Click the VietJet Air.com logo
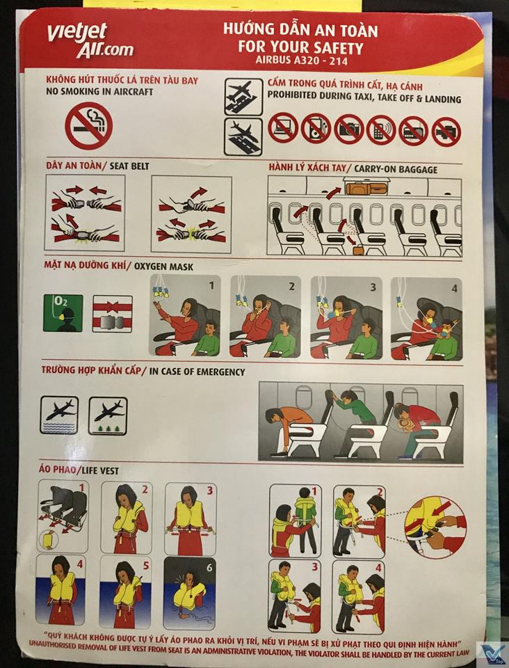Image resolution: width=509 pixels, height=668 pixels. click(x=90, y=40)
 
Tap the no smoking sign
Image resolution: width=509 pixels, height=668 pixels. click(x=88, y=125)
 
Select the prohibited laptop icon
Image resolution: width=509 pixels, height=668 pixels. click(x=283, y=127)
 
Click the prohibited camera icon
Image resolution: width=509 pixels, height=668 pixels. click(x=349, y=129)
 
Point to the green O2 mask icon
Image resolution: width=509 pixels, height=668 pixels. click(x=63, y=313)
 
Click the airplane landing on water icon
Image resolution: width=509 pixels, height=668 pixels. click(x=60, y=415)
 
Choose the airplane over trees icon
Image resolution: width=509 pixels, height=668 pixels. click(x=108, y=416)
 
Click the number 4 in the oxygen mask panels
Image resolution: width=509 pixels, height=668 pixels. click(x=454, y=288)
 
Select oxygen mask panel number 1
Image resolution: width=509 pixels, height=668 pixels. click(x=185, y=316)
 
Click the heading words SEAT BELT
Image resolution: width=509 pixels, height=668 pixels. click(x=129, y=166)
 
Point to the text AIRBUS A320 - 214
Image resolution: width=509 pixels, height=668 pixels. click(x=301, y=60)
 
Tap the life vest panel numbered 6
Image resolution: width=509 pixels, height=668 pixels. click(x=189, y=593)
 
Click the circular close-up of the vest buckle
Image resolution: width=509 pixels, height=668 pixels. click(x=435, y=527)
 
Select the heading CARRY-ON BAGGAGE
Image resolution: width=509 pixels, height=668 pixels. click(x=396, y=169)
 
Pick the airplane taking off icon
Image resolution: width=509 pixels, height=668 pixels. click(x=243, y=97)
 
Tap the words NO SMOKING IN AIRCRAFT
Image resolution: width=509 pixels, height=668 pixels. click(x=99, y=92)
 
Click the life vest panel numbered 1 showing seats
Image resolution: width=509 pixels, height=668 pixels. click(x=63, y=516)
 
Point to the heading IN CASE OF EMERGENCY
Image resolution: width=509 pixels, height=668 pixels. click(x=197, y=372)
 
